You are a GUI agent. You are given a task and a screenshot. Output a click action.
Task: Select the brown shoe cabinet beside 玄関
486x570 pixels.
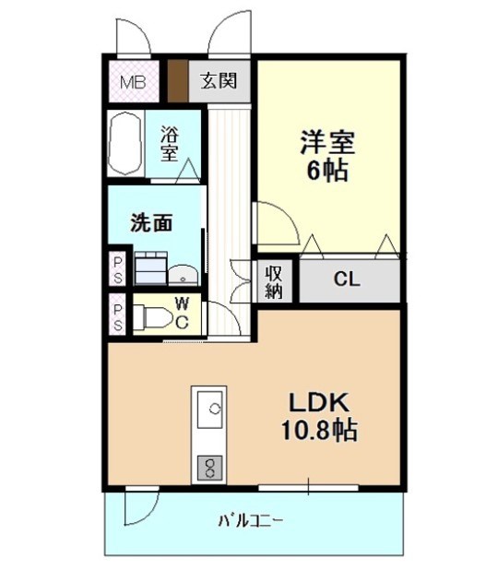coord(177,81)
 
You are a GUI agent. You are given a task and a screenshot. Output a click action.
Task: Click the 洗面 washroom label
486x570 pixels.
coord(152,222)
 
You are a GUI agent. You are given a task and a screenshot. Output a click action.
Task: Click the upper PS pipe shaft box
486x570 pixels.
coord(118,268)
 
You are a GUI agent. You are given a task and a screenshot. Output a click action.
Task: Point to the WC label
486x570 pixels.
coord(183,313)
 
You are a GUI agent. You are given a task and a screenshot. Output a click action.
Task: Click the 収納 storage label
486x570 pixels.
coord(275,280)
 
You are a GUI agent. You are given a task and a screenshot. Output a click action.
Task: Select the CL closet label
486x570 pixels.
coord(348,279)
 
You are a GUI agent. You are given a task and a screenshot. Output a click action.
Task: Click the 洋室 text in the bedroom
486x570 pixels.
coord(327,145)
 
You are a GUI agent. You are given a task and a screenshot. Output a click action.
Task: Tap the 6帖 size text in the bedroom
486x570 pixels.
coord(327,172)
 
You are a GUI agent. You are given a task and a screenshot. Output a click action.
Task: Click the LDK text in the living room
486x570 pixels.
coord(318,403)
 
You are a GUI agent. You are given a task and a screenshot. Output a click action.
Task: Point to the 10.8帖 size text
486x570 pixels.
coord(318,430)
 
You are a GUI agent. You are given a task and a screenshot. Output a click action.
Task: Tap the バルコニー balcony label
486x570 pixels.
coord(250,520)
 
